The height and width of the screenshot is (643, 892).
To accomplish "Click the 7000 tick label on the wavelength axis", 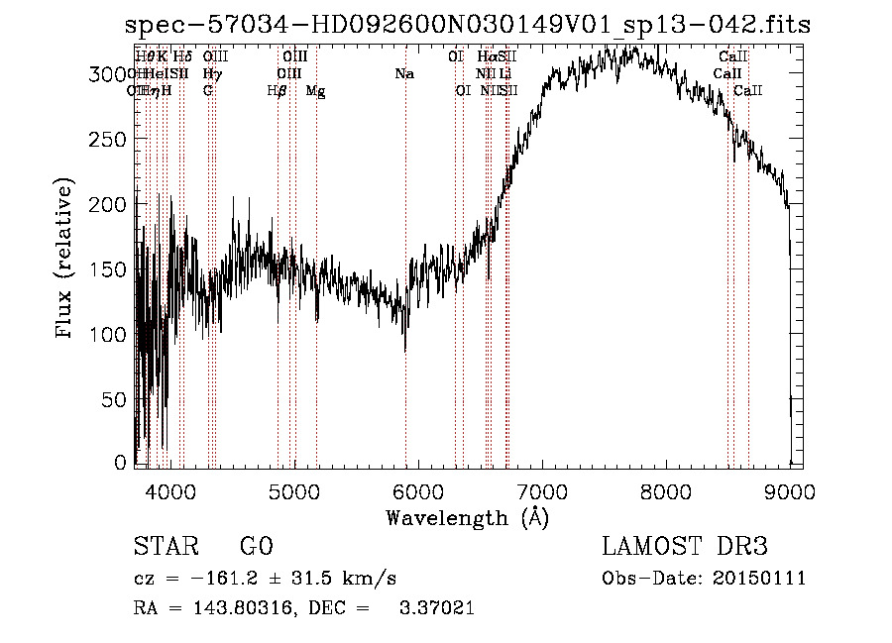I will click(x=542, y=491).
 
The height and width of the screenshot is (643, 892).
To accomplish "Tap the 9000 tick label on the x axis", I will click(x=790, y=491).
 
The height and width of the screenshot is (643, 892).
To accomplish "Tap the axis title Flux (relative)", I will click(x=65, y=260).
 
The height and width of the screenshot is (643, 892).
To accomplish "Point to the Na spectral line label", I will click(x=404, y=74).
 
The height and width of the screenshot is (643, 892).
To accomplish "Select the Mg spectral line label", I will click(x=315, y=91).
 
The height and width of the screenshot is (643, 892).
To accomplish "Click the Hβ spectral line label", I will click(x=278, y=91).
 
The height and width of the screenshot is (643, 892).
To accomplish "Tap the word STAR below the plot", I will click(x=165, y=548).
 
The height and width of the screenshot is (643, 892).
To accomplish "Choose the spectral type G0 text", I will click(x=256, y=548).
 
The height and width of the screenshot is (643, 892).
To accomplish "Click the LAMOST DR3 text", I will click(x=685, y=548).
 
